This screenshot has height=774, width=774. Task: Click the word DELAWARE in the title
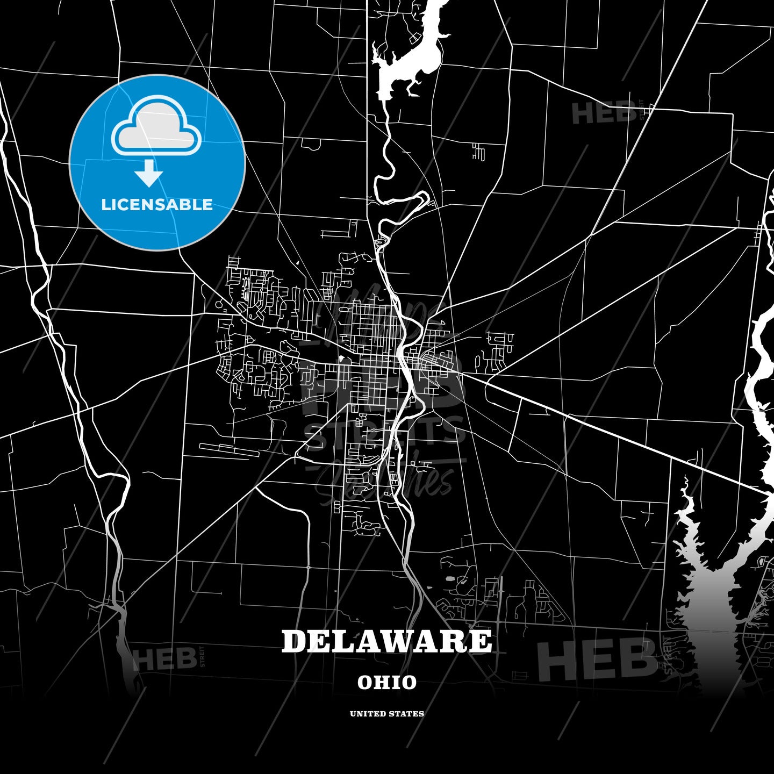pyautogui.click(x=386, y=641)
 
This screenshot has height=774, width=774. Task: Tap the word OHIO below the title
pyautogui.click(x=387, y=683)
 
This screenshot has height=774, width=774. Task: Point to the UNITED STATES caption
pyautogui.click(x=387, y=714)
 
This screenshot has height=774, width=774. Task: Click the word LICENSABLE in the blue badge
pyautogui.click(x=157, y=205)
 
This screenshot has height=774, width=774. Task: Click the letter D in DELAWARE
pyautogui.click(x=294, y=641)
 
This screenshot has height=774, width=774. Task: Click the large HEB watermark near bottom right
pyautogui.click(x=597, y=659)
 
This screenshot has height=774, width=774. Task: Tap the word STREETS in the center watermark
pyautogui.click(x=384, y=433)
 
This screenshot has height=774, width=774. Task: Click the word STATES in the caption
pyautogui.click(x=407, y=714)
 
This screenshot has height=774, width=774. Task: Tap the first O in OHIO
pyautogui.click(x=365, y=683)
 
